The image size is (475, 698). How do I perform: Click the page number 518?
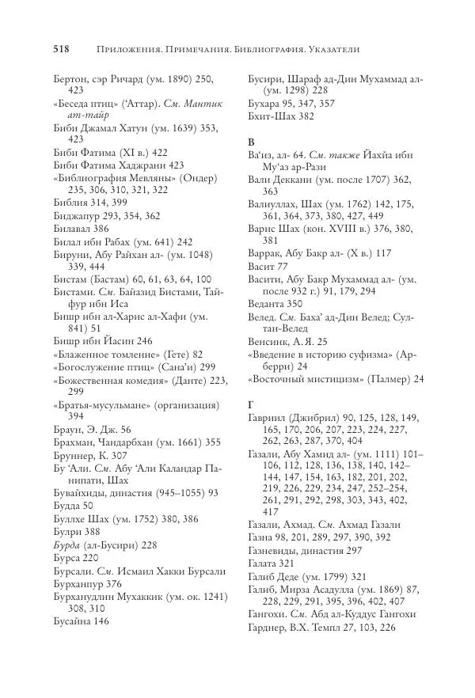click(x=62, y=49)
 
